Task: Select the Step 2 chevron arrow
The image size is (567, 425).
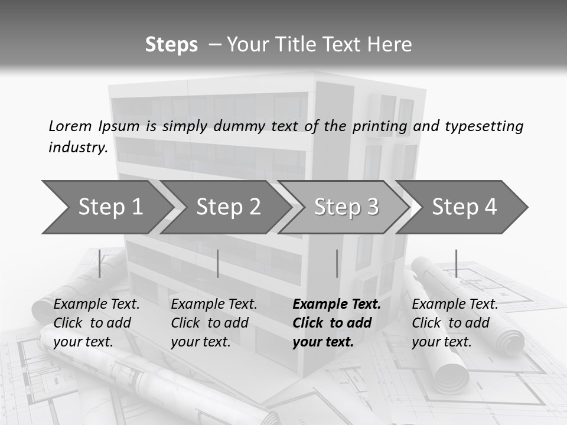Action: pos(228,207)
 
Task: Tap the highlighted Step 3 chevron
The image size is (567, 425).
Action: pos(346,207)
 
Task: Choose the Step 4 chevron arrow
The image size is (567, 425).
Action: pos(464,207)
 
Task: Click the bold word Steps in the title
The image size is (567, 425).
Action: pos(171,44)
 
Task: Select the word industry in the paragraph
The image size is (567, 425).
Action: pos(77,147)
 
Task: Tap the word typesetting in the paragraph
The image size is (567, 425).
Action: pos(484,126)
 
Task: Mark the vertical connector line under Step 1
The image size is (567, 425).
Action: pos(100,263)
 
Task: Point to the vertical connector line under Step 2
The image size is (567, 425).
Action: pos(218,263)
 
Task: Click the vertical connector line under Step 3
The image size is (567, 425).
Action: pos(337,263)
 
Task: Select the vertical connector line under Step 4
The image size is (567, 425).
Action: pos(456,263)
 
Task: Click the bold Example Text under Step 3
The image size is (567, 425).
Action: pos(337,304)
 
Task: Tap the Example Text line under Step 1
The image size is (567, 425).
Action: pos(96,304)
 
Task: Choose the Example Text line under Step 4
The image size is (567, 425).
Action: pos(455,304)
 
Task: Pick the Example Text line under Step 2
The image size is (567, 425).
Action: pos(214,304)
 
